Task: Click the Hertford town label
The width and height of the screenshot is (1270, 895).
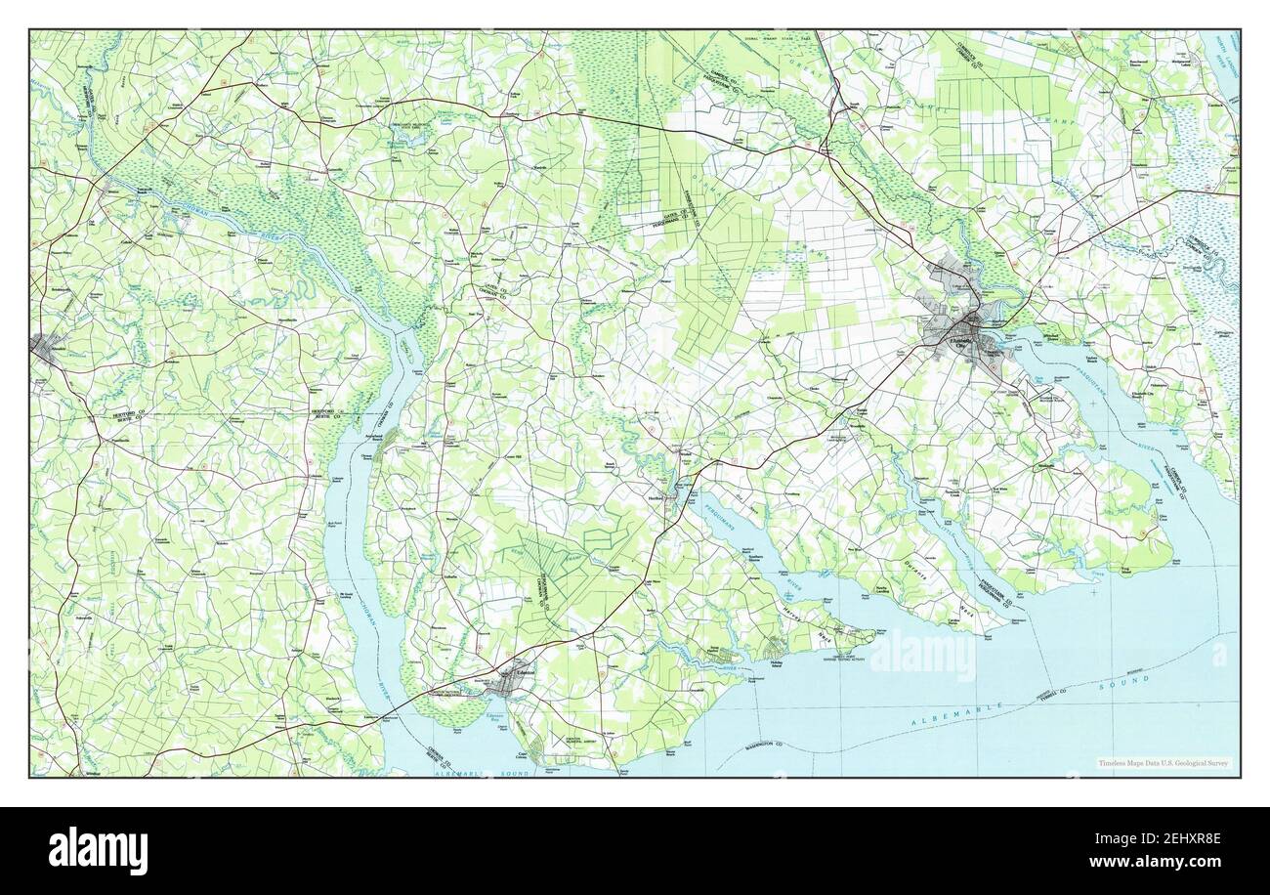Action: point(656,496)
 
